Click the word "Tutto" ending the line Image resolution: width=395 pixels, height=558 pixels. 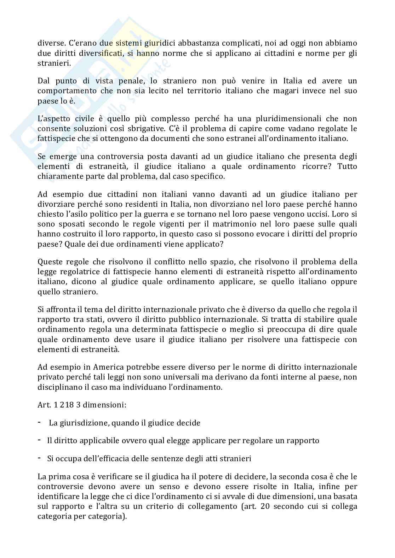coord(347,166)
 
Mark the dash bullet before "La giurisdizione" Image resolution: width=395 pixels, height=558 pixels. coord(39,423)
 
